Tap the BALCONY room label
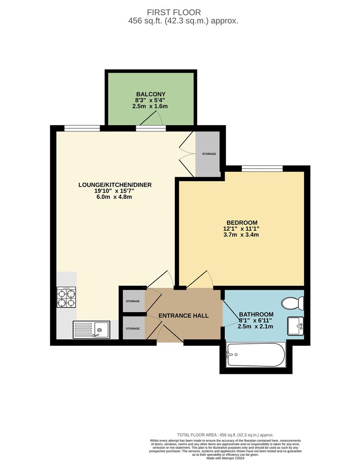pos(151,94)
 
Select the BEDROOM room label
pos(242,222)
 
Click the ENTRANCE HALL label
pos(183,316)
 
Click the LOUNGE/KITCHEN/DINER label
pos(115,185)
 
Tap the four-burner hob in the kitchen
pos(66,297)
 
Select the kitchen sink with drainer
pos(91,329)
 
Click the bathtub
pos(255,355)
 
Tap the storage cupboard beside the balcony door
pos(209,154)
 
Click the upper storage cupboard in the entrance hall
pos(132,301)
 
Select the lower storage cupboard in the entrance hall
pos(132,328)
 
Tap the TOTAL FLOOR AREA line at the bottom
pos(225,435)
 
